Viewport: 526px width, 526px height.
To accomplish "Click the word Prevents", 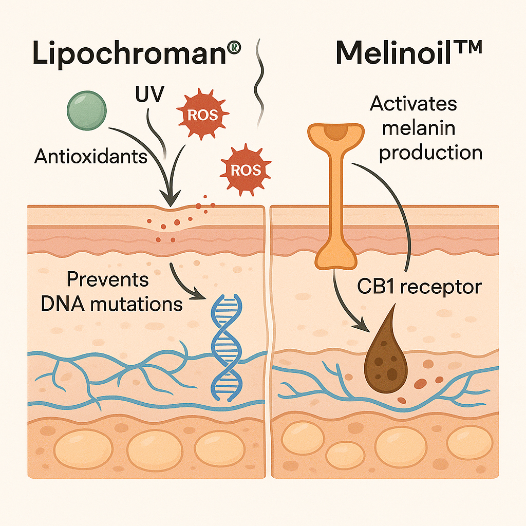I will (x=108, y=280).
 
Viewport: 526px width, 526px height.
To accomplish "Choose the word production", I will (x=430, y=152).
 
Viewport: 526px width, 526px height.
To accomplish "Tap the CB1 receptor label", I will (x=419, y=286).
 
